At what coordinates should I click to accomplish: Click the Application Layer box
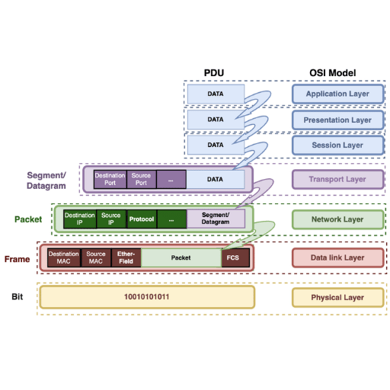click(x=337, y=94)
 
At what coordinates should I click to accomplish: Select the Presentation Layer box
click(x=337, y=120)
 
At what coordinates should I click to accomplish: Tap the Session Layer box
click(x=337, y=145)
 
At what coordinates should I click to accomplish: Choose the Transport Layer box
click(x=337, y=180)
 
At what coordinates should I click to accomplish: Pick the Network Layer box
click(x=337, y=219)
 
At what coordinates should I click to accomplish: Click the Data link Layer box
click(x=337, y=257)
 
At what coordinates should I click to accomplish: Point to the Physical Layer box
click(x=337, y=297)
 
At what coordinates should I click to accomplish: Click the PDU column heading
click(x=214, y=73)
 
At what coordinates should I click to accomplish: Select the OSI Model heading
click(x=333, y=73)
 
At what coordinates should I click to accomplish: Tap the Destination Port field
click(x=110, y=179)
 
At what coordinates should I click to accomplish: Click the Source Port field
click(x=141, y=179)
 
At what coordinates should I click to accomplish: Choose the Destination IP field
click(x=80, y=219)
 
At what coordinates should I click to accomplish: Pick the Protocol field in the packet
click(x=142, y=219)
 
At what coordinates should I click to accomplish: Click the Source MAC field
click(x=96, y=257)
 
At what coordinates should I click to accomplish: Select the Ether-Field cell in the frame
click(x=126, y=257)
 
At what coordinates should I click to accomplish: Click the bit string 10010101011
click(x=146, y=297)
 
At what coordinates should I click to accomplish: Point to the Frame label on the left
click(x=17, y=259)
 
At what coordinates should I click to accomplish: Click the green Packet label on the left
click(x=28, y=219)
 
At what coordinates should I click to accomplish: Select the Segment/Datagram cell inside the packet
click(x=216, y=219)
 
